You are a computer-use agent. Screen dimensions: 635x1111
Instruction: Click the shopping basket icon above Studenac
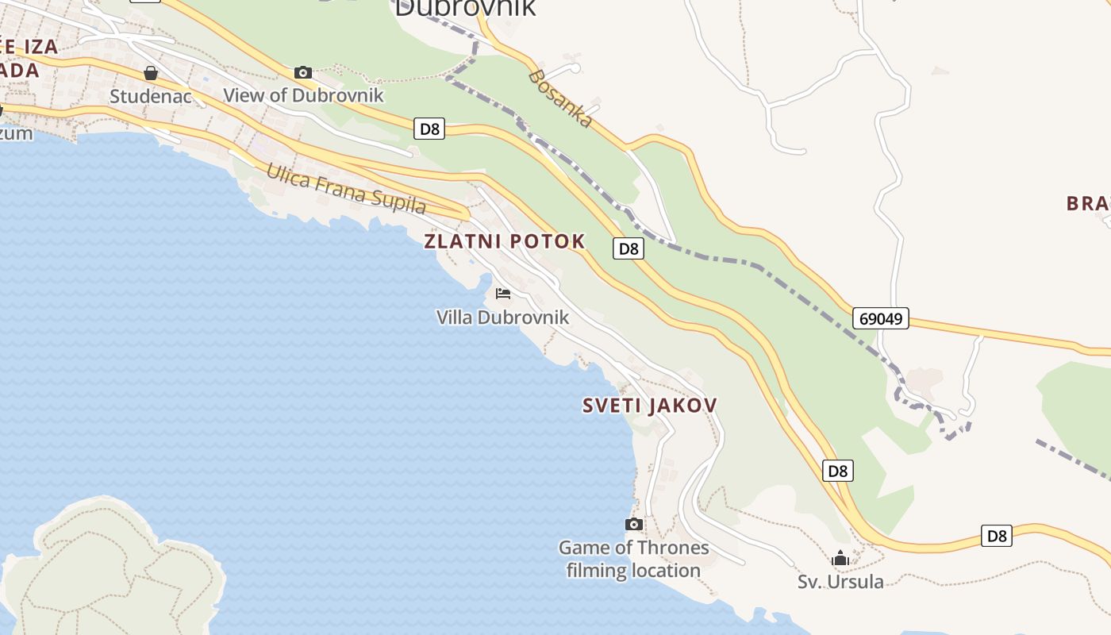(151, 73)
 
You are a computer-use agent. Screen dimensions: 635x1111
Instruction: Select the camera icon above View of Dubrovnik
(302, 73)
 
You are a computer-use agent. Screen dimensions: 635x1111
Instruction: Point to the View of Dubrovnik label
(303, 95)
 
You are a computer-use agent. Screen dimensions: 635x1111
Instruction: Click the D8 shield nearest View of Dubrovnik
(429, 129)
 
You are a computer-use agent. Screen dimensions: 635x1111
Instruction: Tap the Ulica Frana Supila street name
(346, 188)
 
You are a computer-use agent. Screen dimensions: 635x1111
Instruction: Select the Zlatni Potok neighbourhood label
(505, 241)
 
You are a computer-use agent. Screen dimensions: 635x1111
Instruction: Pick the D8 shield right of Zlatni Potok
(629, 248)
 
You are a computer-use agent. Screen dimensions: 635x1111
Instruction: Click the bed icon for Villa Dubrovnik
(502, 294)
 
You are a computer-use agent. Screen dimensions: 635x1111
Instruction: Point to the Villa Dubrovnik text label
(502, 317)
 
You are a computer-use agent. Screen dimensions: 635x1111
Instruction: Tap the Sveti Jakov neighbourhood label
(649, 406)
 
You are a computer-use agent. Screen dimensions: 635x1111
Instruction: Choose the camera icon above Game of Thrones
(633, 524)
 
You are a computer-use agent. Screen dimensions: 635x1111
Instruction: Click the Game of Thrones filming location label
(633, 559)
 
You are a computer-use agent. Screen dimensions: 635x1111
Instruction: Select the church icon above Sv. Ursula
(840, 559)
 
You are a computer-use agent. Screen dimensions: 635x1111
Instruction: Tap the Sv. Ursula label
(840, 582)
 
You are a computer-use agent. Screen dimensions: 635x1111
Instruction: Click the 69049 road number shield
(881, 319)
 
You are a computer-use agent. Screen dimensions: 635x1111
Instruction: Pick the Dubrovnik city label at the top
(465, 8)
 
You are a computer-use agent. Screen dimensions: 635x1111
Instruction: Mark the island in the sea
(111, 571)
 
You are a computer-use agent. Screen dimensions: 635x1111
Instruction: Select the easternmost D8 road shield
(997, 536)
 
